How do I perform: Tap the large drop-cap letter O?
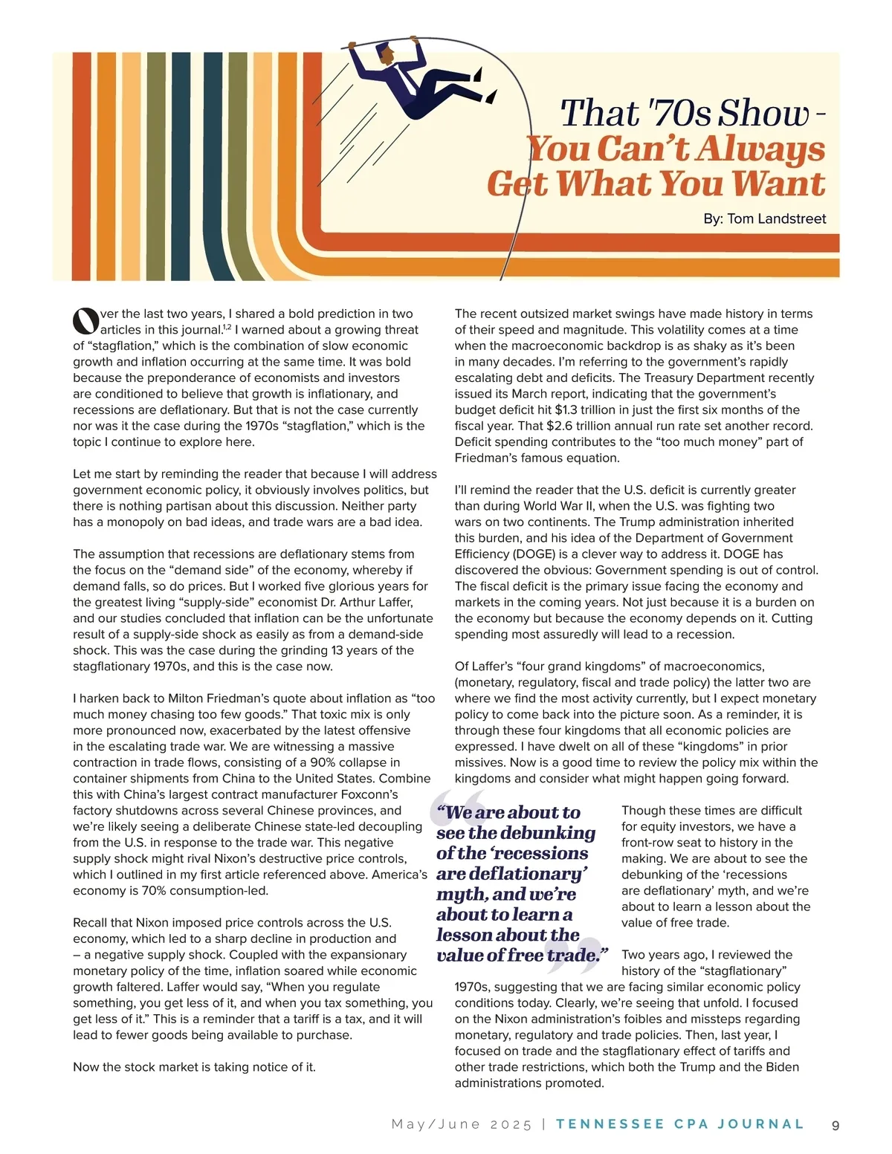(x=85, y=320)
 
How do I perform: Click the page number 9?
(x=836, y=1125)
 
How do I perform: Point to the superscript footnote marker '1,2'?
(x=227, y=327)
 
